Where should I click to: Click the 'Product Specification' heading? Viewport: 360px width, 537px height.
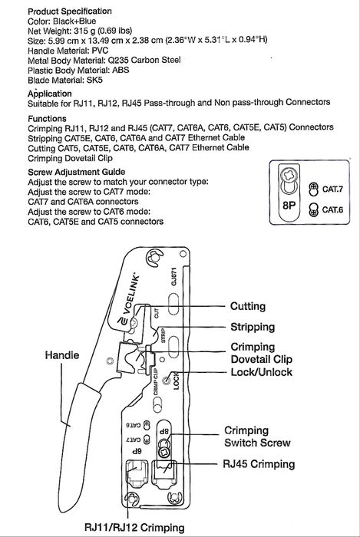tap(70, 12)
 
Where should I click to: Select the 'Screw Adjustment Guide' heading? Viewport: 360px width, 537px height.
tap(77, 172)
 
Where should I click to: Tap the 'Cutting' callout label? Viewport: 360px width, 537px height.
tap(248, 306)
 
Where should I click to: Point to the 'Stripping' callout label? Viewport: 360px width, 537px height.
tap(253, 327)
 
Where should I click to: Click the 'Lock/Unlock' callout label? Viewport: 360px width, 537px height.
tap(262, 372)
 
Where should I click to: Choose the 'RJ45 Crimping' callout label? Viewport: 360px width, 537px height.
tap(259, 464)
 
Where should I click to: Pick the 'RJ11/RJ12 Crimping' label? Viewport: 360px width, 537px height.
tap(134, 528)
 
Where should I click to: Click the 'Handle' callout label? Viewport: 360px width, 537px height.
tap(62, 355)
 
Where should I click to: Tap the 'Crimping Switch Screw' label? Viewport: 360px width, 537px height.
tap(257, 437)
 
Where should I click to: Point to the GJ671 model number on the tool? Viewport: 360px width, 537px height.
tap(173, 277)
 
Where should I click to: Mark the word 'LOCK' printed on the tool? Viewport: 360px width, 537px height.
tap(176, 381)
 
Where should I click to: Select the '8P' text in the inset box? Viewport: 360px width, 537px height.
tap(289, 206)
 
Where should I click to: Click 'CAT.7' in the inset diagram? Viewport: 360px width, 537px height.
tap(332, 189)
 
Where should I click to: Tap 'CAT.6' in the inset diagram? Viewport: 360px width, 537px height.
tap(332, 209)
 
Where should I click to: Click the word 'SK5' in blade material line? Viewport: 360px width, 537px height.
tap(94, 81)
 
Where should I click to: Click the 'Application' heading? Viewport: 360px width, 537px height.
tap(50, 94)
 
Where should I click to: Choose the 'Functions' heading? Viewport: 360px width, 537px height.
tap(47, 118)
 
